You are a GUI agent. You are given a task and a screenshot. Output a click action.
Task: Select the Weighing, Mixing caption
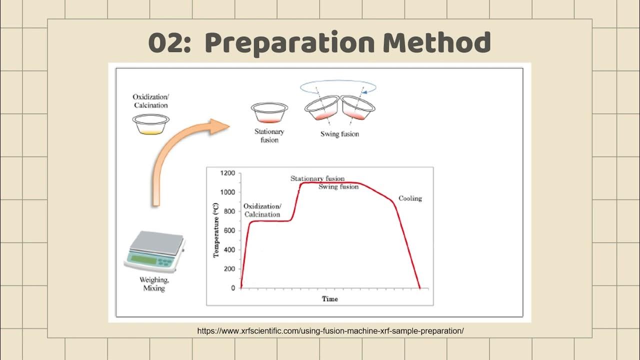[154, 284]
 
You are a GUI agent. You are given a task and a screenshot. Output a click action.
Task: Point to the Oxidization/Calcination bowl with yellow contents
[151, 124]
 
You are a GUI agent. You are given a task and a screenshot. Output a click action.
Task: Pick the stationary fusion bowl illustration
[269, 113]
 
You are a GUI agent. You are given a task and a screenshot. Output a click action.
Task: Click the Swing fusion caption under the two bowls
[339, 134]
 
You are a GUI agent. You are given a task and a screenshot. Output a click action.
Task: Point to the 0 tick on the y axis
[232, 288]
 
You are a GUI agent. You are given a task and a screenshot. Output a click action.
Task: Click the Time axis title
[329, 299]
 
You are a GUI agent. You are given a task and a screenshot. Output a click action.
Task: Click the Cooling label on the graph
[410, 198]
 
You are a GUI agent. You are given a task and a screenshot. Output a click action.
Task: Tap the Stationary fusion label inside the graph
[317, 178]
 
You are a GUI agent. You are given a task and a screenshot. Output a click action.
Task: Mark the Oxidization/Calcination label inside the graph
[262, 210]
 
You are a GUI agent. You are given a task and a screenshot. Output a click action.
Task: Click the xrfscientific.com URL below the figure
[330, 331]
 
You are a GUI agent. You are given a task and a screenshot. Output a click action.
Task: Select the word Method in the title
[436, 43]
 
